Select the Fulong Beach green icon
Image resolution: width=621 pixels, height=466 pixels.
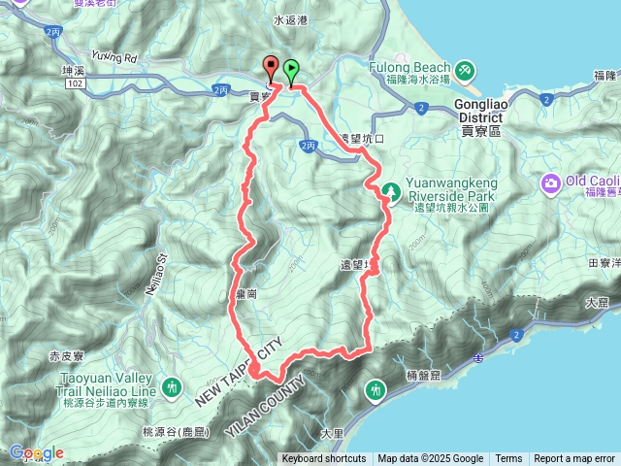click(x=466, y=70)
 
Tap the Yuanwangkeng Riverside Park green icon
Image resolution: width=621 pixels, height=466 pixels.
click(x=390, y=189)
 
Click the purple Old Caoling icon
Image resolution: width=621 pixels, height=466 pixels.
click(x=551, y=183)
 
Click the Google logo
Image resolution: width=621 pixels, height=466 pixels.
click(x=36, y=452)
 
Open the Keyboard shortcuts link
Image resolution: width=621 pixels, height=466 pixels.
click(x=324, y=459)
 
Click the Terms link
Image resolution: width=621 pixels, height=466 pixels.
click(x=508, y=459)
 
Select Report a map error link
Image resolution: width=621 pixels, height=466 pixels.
click(x=574, y=459)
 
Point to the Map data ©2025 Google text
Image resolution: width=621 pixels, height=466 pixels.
click(x=431, y=459)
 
